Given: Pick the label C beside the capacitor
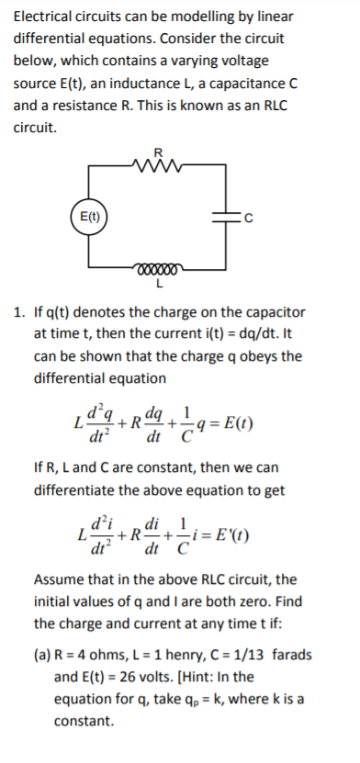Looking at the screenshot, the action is [247, 218].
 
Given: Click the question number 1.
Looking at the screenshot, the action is [18, 312].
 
